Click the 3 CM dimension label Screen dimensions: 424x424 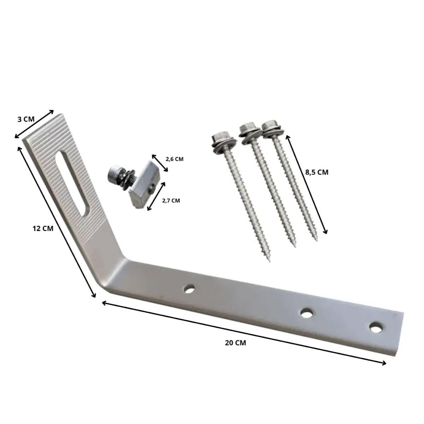pos(26,119)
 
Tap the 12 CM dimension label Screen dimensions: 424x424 pos(43,229)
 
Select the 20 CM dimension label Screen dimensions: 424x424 pos(235,343)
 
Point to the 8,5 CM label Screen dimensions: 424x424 pos(317,172)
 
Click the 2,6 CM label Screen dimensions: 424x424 pos(175,159)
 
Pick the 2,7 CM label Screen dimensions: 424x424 pos(171,201)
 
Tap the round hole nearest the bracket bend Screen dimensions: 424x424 pos(189,289)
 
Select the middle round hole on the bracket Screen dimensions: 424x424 pos(307,313)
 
